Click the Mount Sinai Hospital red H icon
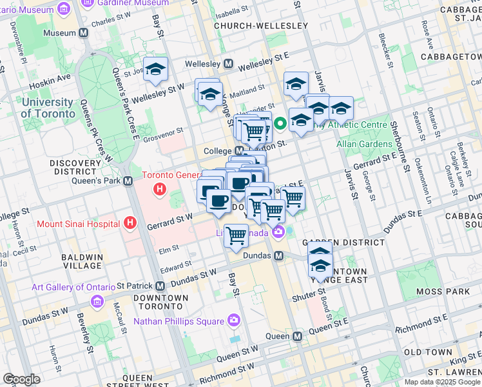coord(131,223)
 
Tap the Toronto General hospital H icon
coord(160,190)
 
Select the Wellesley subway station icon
coord(228,64)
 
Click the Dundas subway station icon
coord(279,256)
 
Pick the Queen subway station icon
coord(297,337)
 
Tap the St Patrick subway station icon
coord(160,286)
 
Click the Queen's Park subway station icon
coord(128,181)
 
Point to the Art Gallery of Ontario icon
coord(97,301)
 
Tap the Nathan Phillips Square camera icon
coord(233,321)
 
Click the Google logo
coord(21,379)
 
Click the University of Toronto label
coord(48,108)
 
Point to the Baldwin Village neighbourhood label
coord(81,261)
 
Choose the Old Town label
coord(428,352)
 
